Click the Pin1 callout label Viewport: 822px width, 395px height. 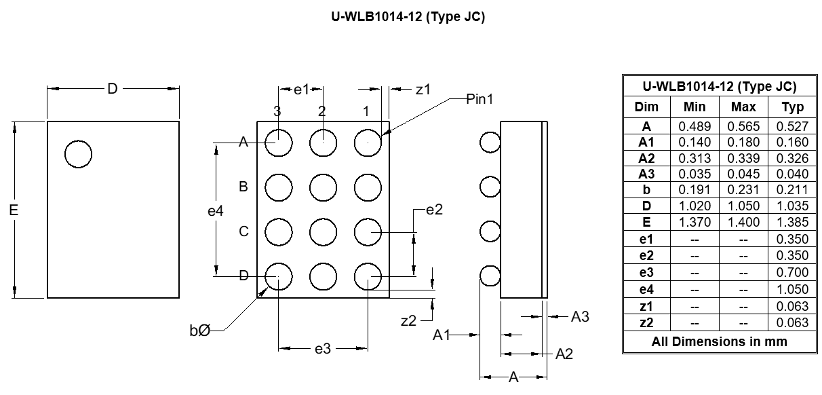[480, 99]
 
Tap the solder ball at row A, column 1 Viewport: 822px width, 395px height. [368, 143]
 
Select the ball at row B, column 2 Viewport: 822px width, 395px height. [323, 187]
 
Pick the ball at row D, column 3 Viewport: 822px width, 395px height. [278, 276]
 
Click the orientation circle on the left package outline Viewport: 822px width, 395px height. [78, 154]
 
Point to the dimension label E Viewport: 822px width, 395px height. [14, 210]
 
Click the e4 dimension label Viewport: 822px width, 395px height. [215, 211]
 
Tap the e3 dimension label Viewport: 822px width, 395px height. [323, 349]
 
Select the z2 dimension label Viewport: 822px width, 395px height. [408, 321]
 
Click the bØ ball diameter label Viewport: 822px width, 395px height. [199, 331]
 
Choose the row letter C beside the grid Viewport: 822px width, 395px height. [243, 231]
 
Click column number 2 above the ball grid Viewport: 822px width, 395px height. [322, 111]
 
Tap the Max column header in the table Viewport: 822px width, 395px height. [743, 107]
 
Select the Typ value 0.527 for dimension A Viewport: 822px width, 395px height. [792, 126]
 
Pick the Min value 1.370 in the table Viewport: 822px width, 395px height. [694, 223]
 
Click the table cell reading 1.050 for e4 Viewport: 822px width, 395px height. [792, 289]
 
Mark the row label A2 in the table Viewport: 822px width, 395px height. [646, 158]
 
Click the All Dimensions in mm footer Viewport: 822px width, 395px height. [719, 341]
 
